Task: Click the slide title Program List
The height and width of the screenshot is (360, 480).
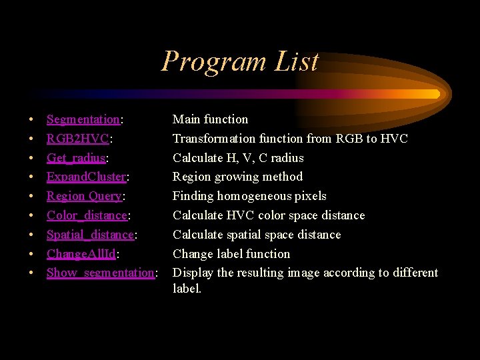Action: (240, 61)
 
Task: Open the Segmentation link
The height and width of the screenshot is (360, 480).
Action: (83, 120)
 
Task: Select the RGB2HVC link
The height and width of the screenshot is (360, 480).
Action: (77, 139)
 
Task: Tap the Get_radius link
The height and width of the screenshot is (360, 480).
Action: (76, 159)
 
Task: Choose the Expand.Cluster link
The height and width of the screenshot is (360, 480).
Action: (86, 177)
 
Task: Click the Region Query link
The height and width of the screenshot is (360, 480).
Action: (84, 197)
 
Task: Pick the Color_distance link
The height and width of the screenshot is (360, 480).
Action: (87, 215)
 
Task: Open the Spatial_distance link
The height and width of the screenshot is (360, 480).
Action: (90, 235)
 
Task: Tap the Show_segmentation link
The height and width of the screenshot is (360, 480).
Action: (100, 273)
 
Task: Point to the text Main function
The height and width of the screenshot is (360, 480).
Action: (210, 119)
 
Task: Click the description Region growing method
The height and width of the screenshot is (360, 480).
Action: (237, 177)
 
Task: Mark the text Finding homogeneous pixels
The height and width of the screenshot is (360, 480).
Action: (249, 196)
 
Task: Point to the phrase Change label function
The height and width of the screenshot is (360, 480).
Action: (231, 254)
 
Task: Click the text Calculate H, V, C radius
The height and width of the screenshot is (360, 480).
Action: (238, 158)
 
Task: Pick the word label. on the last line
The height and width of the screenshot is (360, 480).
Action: (187, 289)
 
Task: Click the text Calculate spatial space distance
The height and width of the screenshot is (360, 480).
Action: (257, 235)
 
